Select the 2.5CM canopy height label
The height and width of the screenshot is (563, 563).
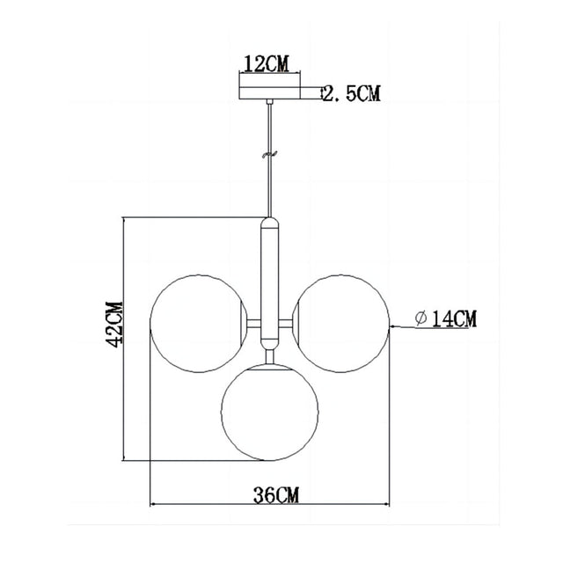[353, 93]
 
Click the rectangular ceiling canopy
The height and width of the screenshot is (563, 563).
[269, 91]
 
